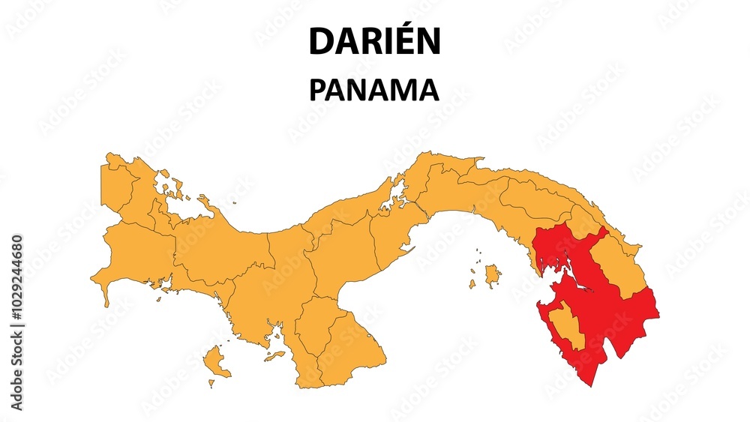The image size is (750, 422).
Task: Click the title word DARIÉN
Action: point(374,42)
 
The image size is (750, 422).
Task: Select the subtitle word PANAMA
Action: point(374,90)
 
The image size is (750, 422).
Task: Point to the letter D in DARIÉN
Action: point(320,43)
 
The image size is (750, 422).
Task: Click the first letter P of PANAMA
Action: point(318,90)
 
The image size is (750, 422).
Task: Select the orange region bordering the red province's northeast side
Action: point(619,266)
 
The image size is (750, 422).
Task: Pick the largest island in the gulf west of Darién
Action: point(492,275)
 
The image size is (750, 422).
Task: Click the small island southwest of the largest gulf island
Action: point(472,284)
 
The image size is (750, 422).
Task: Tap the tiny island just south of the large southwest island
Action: point(211,383)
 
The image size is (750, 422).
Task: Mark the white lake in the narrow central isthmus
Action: point(394,199)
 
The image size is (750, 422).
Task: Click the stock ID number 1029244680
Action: point(17,280)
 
